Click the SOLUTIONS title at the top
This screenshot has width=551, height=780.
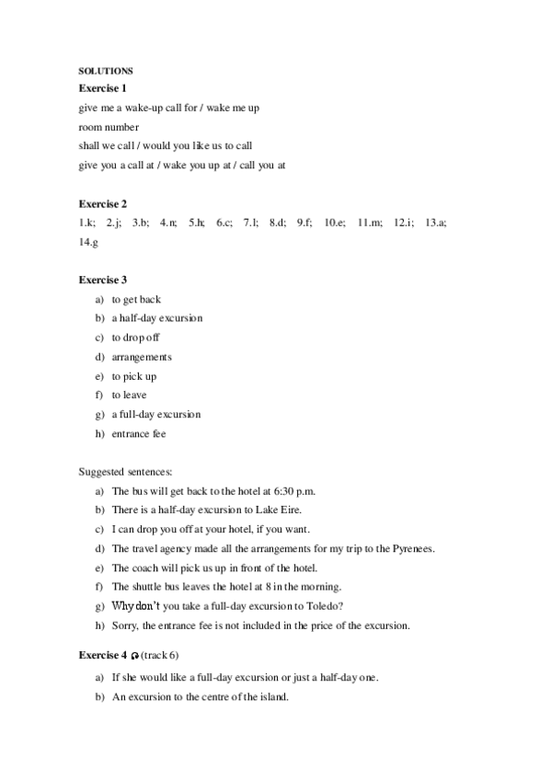[x=106, y=71]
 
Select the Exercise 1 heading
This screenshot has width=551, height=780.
[x=102, y=88]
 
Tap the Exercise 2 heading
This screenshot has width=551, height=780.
[x=102, y=203]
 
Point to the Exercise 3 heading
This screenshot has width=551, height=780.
[x=102, y=280]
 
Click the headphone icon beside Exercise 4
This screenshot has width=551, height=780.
[x=135, y=656]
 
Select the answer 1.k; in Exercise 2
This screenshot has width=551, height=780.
[x=86, y=223]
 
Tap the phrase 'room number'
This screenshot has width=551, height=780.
[x=109, y=127]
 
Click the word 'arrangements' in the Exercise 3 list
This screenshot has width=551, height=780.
[x=142, y=357]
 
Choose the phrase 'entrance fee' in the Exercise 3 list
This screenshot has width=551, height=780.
[x=139, y=433]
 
